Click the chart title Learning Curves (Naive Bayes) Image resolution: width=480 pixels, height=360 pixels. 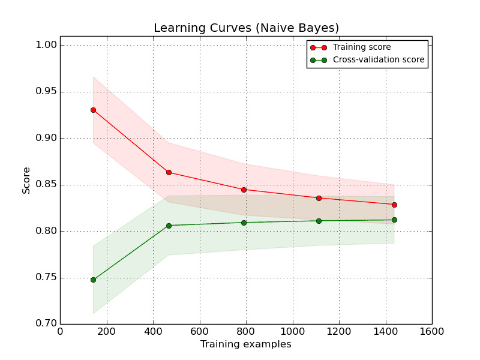click(x=246, y=28)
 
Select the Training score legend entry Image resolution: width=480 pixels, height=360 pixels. click(x=361, y=47)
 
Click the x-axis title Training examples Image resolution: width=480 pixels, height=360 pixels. click(x=245, y=344)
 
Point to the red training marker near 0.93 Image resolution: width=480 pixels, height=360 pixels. click(x=93, y=110)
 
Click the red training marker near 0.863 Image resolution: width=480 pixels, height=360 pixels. click(x=169, y=172)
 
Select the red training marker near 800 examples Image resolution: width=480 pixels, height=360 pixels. click(x=244, y=190)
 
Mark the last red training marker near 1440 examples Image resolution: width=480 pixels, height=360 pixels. click(x=394, y=205)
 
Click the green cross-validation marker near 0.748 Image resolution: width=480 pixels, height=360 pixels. click(x=93, y=280)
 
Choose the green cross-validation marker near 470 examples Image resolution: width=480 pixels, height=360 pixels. click(x=169, y=226)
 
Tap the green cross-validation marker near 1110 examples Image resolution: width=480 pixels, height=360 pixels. click(x=319, y=221)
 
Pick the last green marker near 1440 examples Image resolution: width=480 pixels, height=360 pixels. click(x=394, y=220)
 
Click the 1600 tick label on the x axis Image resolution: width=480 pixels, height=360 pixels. click(x=432, y=331)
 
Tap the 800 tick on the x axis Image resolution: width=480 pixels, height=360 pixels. click(x=246, y=331)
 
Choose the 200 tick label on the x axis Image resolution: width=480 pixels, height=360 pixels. click(x=107, y=331)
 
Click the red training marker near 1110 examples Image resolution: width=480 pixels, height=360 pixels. click(x=319, y=198)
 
